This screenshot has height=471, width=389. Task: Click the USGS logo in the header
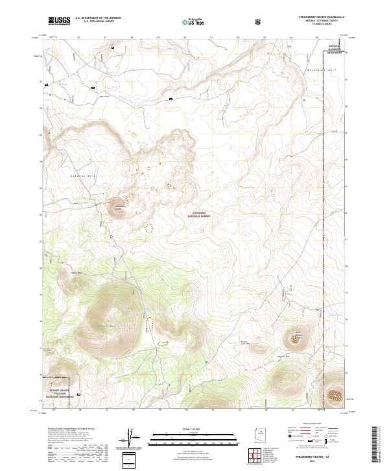pyautogui.click(x=59, y=21)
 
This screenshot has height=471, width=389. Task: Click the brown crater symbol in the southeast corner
pyautogui.click(x=335, y=394)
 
